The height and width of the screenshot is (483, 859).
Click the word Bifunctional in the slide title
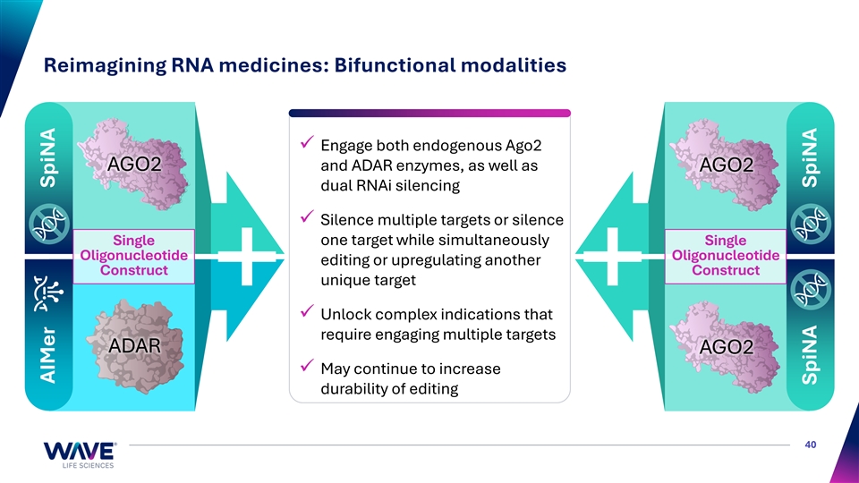tap(395, 65)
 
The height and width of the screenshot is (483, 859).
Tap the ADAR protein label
tap(135, 345)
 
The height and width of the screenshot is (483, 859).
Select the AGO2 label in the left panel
tap(135, 164)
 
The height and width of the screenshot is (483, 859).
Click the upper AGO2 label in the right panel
tap(727, 165)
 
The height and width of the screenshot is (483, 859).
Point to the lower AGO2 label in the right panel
tap(727, 347)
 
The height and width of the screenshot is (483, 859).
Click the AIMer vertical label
tap(48, 355)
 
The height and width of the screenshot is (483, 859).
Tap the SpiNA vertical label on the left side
tap(48, 157)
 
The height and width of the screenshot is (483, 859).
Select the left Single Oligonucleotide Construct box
tap(133, 256)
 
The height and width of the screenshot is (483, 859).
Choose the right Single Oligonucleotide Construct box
tap(726, 256)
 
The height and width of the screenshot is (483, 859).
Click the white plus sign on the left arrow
tap(247, 257)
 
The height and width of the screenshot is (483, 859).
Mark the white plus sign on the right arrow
tap(612, 257)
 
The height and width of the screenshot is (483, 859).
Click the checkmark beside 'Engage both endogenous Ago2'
tap(307, 142)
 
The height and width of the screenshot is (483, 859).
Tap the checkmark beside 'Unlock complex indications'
tap(307, 310)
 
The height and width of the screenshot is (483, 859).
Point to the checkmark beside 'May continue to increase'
tap(307, 365)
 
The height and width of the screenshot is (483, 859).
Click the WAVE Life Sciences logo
tap(80, 455)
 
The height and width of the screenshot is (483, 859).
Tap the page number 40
tap(811, 445)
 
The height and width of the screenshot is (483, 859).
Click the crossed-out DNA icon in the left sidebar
tap(48, 224)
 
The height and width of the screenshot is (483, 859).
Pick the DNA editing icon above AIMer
tap(48, 293)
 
